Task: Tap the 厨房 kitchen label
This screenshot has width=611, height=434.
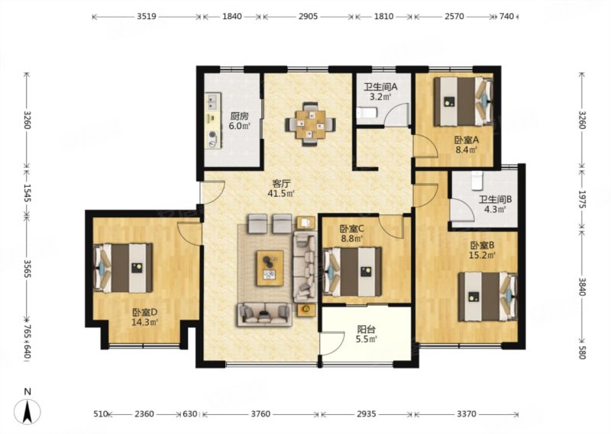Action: tap(239, 116)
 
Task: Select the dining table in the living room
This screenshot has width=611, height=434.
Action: tap(310, 124)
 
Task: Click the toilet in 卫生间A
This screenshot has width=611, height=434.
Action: tap(367, 114)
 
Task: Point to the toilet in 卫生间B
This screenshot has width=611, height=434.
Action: tap(477, 180)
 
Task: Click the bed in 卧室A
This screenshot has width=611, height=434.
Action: tap(464, 101)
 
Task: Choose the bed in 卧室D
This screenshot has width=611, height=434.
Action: tap(123, 268)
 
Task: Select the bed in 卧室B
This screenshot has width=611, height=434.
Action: tap(488, 297)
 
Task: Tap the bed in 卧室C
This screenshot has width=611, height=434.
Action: tap(352, 272)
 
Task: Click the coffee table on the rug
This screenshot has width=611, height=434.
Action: tap(270, 268)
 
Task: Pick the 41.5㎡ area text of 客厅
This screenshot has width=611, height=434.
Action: tap(280, 193)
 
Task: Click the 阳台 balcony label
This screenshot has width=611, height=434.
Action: tap(367, 330)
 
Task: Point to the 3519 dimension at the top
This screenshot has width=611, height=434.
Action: tap(147, 16)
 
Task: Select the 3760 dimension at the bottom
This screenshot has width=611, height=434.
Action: tap(260, 414)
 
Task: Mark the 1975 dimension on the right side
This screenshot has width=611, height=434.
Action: tap(583, 199)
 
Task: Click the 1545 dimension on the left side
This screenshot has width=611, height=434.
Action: tap(27, 193)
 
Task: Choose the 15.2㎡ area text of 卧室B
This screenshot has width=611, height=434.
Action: tap(482, 256)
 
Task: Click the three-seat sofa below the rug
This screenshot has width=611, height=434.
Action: tap(264, 314)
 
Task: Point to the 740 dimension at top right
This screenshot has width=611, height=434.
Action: tap(506, 16)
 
